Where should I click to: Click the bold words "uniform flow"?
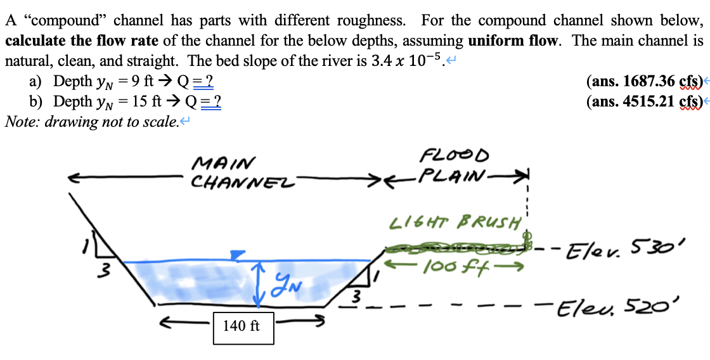(x=514, y=41)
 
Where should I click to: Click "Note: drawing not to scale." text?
(x=91, y=121)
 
